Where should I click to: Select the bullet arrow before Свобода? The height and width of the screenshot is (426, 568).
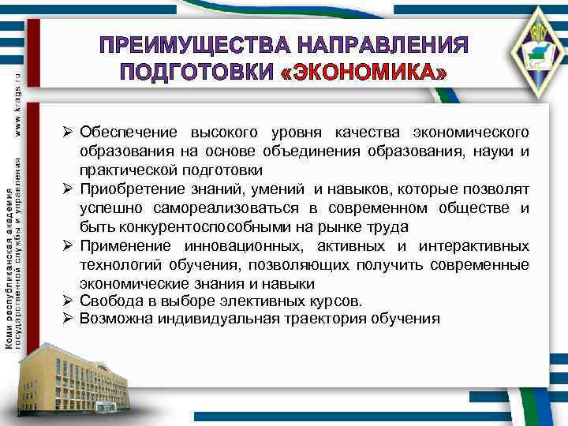point(69,301)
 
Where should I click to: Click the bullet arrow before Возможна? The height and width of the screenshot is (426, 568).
point(69,319)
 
